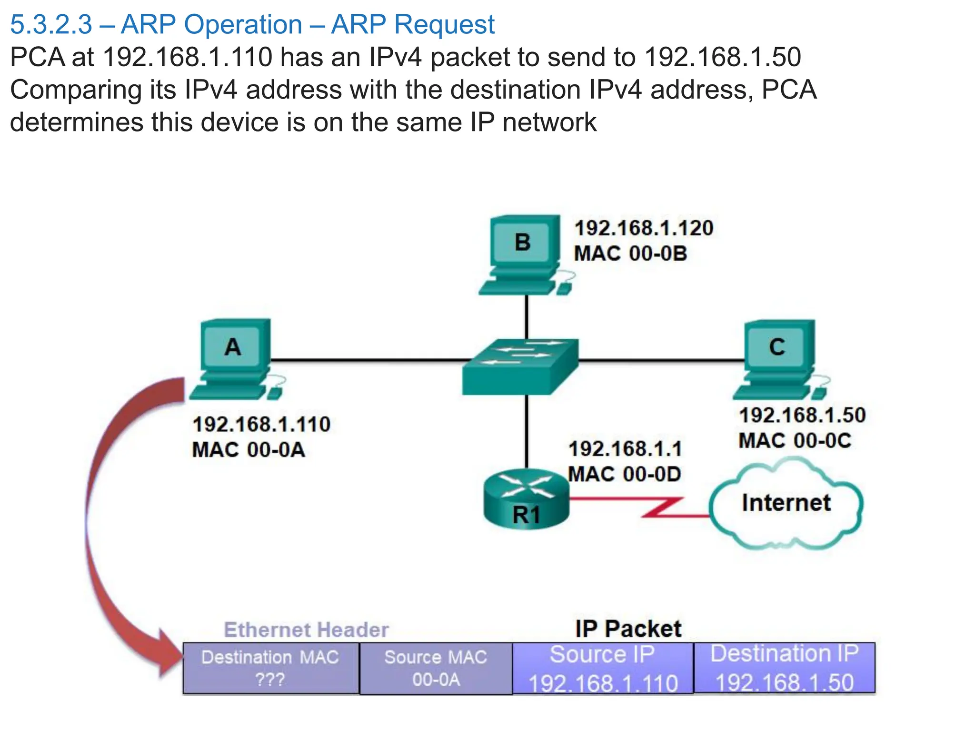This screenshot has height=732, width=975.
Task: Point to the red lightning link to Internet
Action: click(662, 508)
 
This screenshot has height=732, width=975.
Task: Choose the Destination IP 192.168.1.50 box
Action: click(784, 667)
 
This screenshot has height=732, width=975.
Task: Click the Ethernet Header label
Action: click(306, 630)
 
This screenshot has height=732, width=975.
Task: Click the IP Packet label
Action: click(628, 629)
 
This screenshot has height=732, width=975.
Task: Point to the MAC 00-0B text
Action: click(630, 253)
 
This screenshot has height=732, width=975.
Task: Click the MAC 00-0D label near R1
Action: click(625, 474)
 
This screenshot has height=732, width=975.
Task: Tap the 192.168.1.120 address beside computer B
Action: click(644, 228)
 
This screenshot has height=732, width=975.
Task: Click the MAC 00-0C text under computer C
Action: click(795, 440)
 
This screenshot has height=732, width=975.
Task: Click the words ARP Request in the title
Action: click(413, 24)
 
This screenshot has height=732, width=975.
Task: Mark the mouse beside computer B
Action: click(564, 288)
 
